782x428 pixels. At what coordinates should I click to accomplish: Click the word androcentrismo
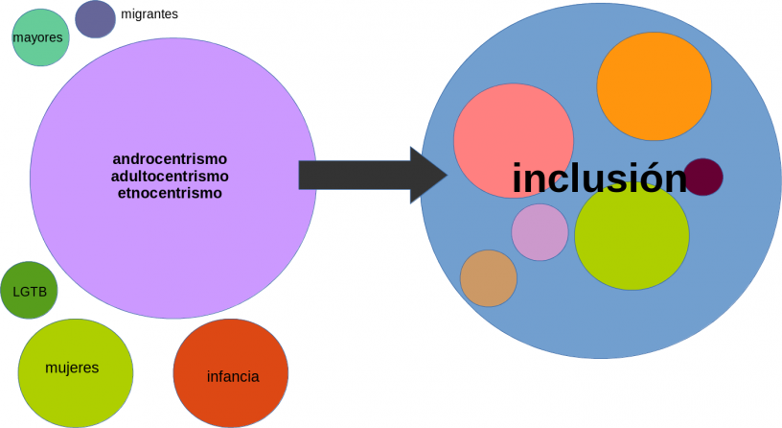click(x=170, y=158)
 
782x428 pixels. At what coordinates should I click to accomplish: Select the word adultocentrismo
click(x=170, y=176)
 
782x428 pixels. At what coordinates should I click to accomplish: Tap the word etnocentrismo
click(x=170, y=193)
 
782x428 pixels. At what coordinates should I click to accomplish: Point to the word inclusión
click(x=599, y=178)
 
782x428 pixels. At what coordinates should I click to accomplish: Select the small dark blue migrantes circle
click(x=95, y=18)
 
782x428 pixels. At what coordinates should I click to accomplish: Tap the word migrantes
click(x=149, y=14)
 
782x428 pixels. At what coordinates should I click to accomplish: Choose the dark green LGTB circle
click(x=30, y=291)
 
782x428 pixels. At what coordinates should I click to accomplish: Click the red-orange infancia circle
click(x=231, y=374)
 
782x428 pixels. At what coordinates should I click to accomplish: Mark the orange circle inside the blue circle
click(x=654, y=86)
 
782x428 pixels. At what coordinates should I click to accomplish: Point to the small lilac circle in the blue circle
click(x=540, y=232)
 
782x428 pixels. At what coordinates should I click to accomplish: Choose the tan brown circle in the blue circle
click(x=489, y=278)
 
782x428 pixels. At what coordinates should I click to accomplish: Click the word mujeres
click(x=72, y=368)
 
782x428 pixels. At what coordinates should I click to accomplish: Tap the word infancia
click(x=233, y=376)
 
